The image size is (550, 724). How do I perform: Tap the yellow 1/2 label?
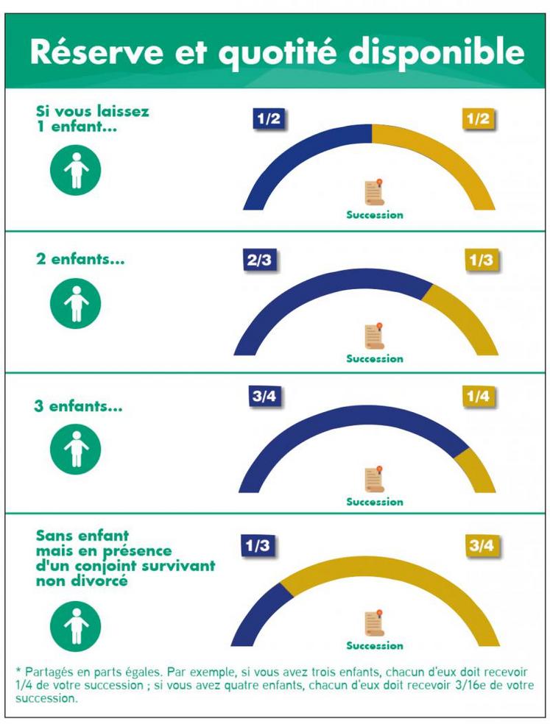478,119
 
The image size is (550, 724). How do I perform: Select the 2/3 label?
259,260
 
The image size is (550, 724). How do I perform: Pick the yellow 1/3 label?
482,260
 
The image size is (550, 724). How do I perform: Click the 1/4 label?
478,397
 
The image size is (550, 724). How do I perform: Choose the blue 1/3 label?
258,546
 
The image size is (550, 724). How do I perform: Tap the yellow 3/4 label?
483,546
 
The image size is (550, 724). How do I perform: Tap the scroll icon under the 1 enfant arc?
376,194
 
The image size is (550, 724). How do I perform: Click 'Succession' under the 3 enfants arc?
375,502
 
